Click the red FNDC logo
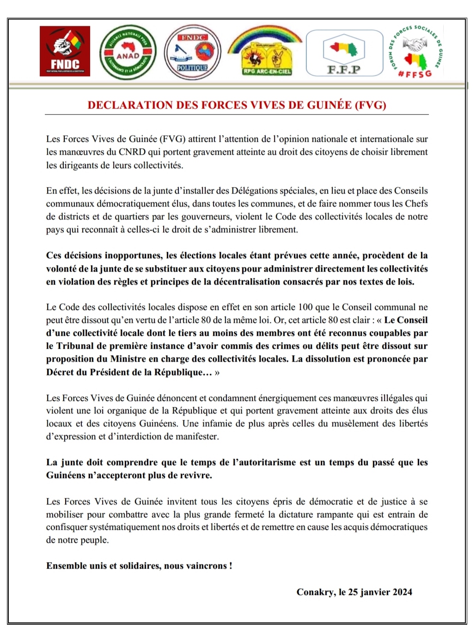65,51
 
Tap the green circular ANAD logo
128,52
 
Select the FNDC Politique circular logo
193,52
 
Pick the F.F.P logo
344,52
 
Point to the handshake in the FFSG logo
415,44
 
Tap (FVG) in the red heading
371,105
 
